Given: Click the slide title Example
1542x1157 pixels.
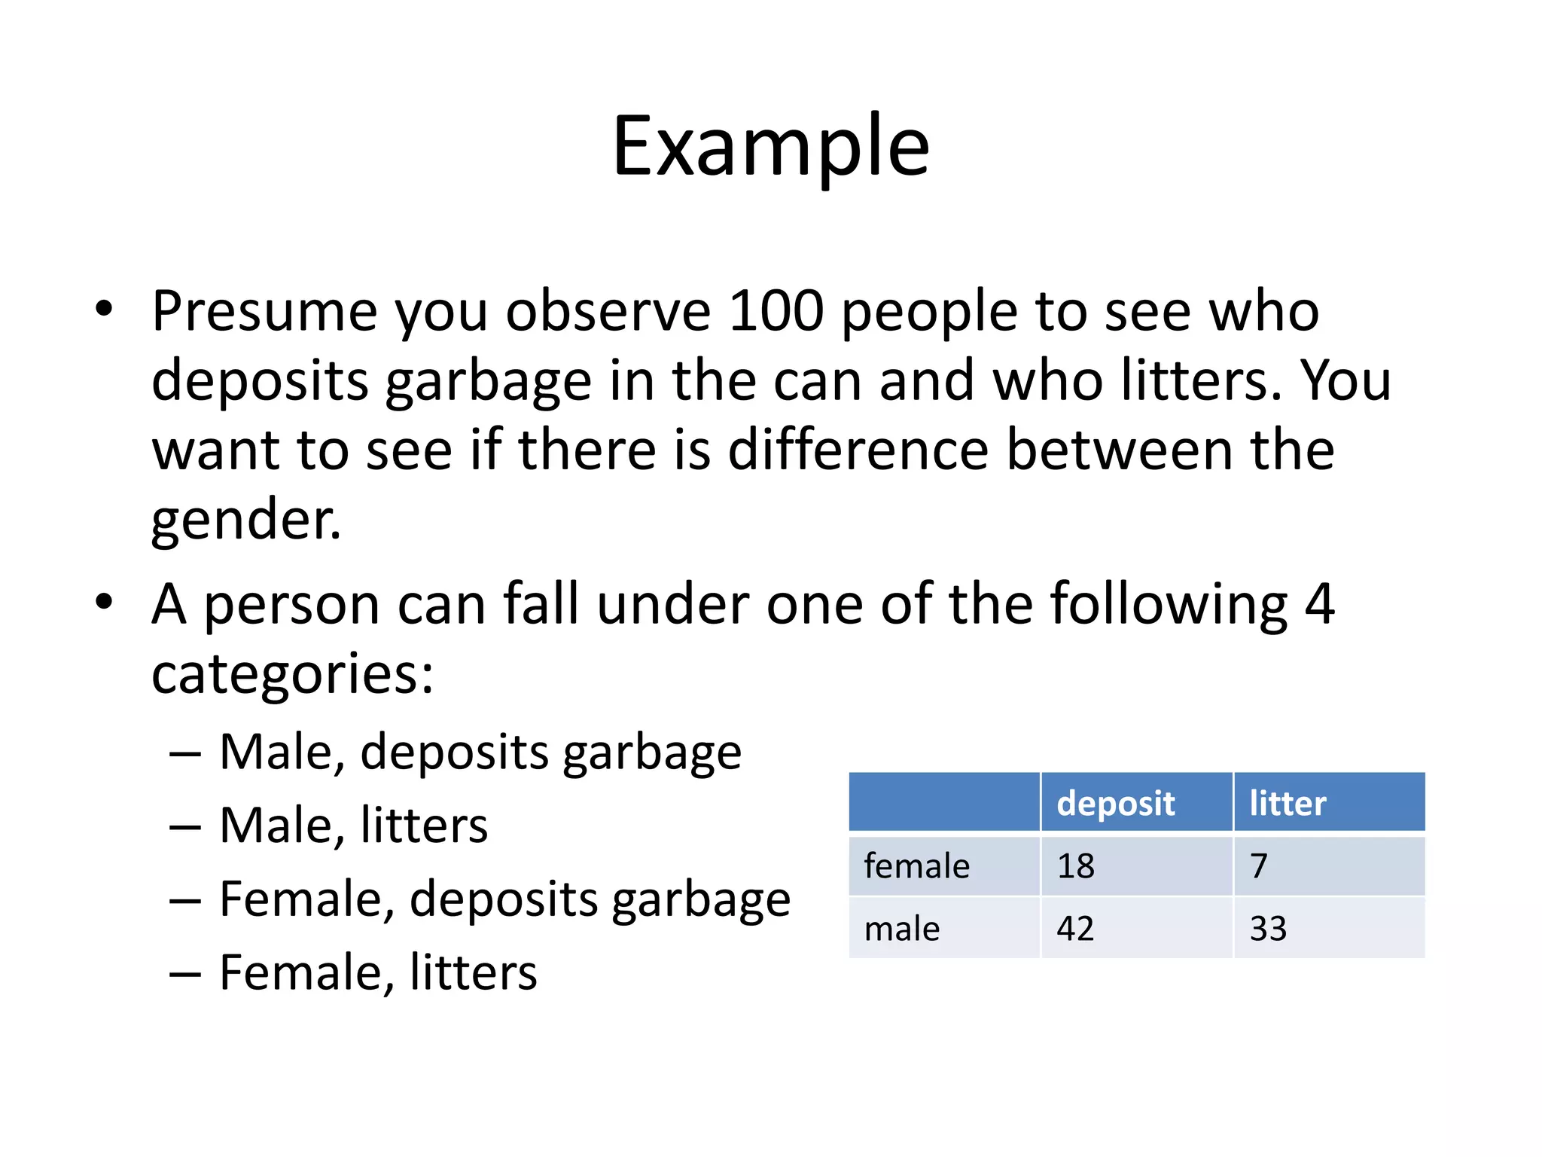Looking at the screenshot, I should coord(771,146).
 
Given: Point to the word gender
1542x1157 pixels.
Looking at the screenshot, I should coord(245,520).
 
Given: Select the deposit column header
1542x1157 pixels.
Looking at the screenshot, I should coord(1115,803).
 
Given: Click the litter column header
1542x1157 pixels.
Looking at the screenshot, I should coord(1288,803).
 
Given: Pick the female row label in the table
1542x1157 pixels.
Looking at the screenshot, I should coord(916,866).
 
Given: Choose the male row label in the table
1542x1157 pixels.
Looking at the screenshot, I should coord(902,929).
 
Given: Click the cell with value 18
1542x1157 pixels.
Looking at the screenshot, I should coord(1075,866).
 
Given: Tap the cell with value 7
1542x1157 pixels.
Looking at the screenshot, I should coord(1259,866).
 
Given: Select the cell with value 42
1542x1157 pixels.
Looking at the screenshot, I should coord(1075,929).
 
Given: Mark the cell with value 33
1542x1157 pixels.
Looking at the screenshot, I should coord(1268,929).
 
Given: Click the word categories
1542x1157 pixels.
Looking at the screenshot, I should coord(292,673).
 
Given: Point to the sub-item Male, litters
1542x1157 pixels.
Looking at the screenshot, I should coord(353,825).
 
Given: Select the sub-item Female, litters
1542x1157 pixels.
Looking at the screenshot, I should coord(378,972).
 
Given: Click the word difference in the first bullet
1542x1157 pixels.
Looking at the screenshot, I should coord(858,450).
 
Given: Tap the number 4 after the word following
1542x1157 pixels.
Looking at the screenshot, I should coord(1319,603).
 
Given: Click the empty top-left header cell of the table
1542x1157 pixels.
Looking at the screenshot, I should coord(944,802).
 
